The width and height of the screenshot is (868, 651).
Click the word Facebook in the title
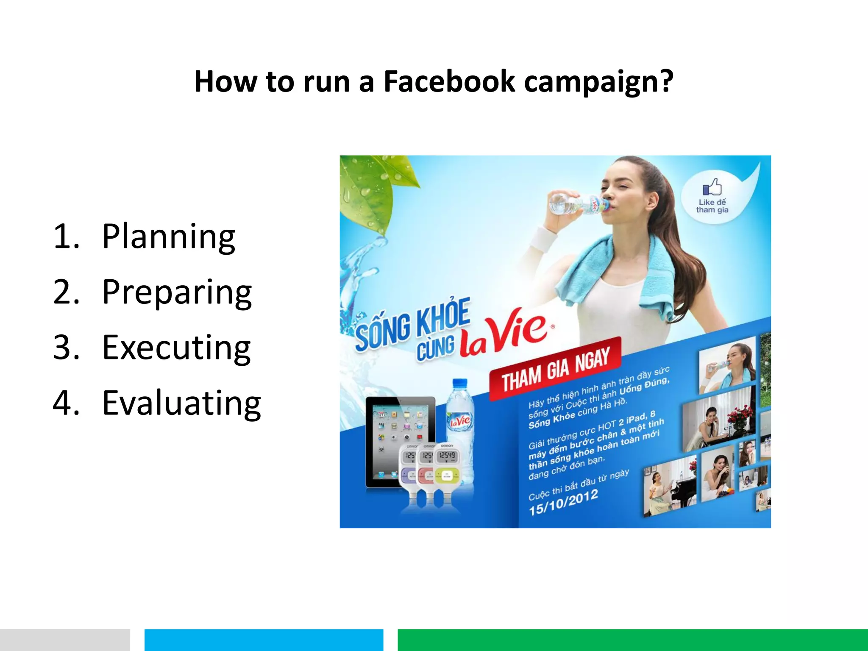click(449, 81)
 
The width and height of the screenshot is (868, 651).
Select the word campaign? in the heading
click(598, 82)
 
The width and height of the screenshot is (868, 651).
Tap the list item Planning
click(168, 236)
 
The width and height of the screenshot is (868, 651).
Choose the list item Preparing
click(177, 292)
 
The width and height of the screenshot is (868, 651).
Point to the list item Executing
click(176, 348)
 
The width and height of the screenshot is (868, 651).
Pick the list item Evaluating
click(181, 403)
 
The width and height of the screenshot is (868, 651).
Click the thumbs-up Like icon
click(712, 186)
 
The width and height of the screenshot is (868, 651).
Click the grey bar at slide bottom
click(64, 640)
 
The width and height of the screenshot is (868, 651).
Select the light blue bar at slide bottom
click(264, 640)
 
